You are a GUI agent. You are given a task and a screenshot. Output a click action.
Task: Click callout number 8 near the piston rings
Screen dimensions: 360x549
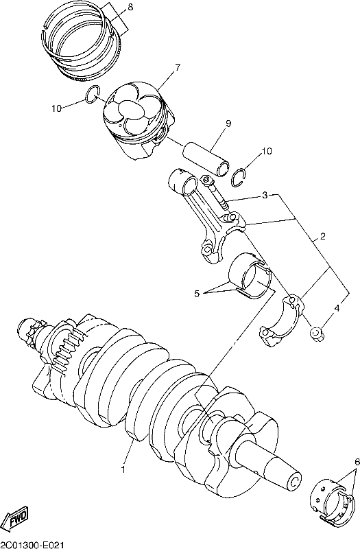[x=130, y=8]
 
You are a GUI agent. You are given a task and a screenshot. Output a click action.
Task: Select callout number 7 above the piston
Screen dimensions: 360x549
[x=178, y=67]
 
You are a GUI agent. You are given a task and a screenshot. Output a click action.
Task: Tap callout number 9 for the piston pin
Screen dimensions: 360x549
[x=228, y=124]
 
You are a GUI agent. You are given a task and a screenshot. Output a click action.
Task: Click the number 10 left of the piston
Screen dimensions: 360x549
[x=56, y=109]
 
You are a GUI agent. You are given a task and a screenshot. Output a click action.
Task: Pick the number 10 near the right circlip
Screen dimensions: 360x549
[x=267, y=151]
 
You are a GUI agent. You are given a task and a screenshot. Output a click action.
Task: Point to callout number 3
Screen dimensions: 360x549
[x=265, y=196]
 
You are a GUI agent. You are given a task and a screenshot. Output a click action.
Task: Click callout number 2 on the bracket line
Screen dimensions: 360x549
[x=322, y=236]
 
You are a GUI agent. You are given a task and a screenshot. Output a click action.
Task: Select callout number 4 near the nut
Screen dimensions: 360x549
[x=337, y=308]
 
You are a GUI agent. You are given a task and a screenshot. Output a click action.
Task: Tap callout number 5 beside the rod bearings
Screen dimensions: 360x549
[x=197, y=294]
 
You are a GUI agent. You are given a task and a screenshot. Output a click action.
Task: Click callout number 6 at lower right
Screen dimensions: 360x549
[x=357, y=461]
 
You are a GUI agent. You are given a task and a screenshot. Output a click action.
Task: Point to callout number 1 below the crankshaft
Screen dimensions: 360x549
[x=123, y=469]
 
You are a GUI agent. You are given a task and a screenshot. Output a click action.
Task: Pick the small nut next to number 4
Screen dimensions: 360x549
[x=317, y=333]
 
